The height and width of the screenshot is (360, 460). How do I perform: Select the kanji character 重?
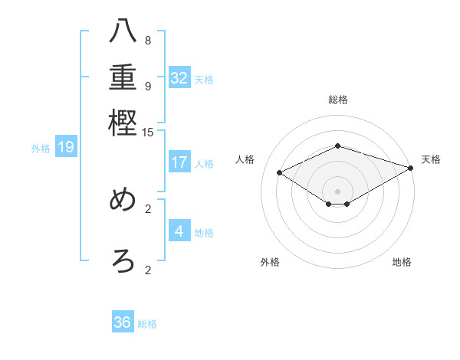(x=123, y=79)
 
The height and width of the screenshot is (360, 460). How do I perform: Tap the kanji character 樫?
(x=123, y=123)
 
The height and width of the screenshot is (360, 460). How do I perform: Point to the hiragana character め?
(x=123, y=201)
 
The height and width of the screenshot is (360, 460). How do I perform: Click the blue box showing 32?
(x=179, y=78)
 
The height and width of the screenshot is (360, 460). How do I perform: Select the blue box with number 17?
(x=179, y=162)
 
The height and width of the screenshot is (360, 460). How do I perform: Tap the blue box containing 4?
(x=179, y=231)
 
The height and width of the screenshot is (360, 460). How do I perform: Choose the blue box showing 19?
(x=65, y=148)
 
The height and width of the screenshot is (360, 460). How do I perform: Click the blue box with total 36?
(x=123, y=322)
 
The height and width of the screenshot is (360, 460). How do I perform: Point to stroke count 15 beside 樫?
(x=148, y=133)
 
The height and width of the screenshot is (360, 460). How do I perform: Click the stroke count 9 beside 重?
(x=148, y=86)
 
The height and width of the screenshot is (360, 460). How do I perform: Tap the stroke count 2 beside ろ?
(x=148, y=269)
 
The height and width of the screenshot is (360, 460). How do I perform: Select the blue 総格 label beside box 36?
(x=147, y=324)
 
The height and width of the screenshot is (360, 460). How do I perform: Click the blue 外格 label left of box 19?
(x=40, y=149)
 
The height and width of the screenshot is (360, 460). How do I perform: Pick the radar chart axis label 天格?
(x=431, y=159)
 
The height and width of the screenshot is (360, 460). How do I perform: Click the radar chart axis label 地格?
(x=402, y=263)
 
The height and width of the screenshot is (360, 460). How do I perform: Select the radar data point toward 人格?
(x=279, y=173)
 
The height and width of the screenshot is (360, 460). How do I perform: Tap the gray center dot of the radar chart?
(x=338, y=191)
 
